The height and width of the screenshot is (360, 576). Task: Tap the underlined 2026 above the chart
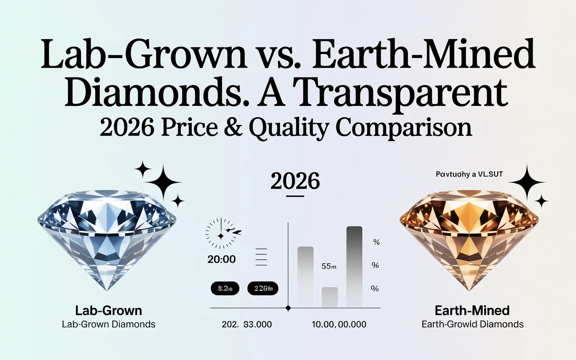pyautogui.click(x=295, y=181)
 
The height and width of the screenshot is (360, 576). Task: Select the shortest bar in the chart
pyautogui.click(x=330, y=297)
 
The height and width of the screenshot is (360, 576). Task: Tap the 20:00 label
pyautogui.click(x=222, y=260)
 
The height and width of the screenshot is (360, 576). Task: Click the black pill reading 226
pyautogui.click(x=263, y=288)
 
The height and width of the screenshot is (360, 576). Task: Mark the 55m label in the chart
pyautogui.click(x=329, y=266)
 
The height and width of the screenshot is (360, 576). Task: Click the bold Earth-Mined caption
pyautogui.click(x=472, y=310)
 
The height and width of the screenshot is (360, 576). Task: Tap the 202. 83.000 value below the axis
pyautogui.click(x=247, y=324)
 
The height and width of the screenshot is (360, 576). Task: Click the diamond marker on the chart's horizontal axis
pyautogui.click(x=288, y=308)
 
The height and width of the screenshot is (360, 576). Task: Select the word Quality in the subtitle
pyautogui.click(x=288, y=128)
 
